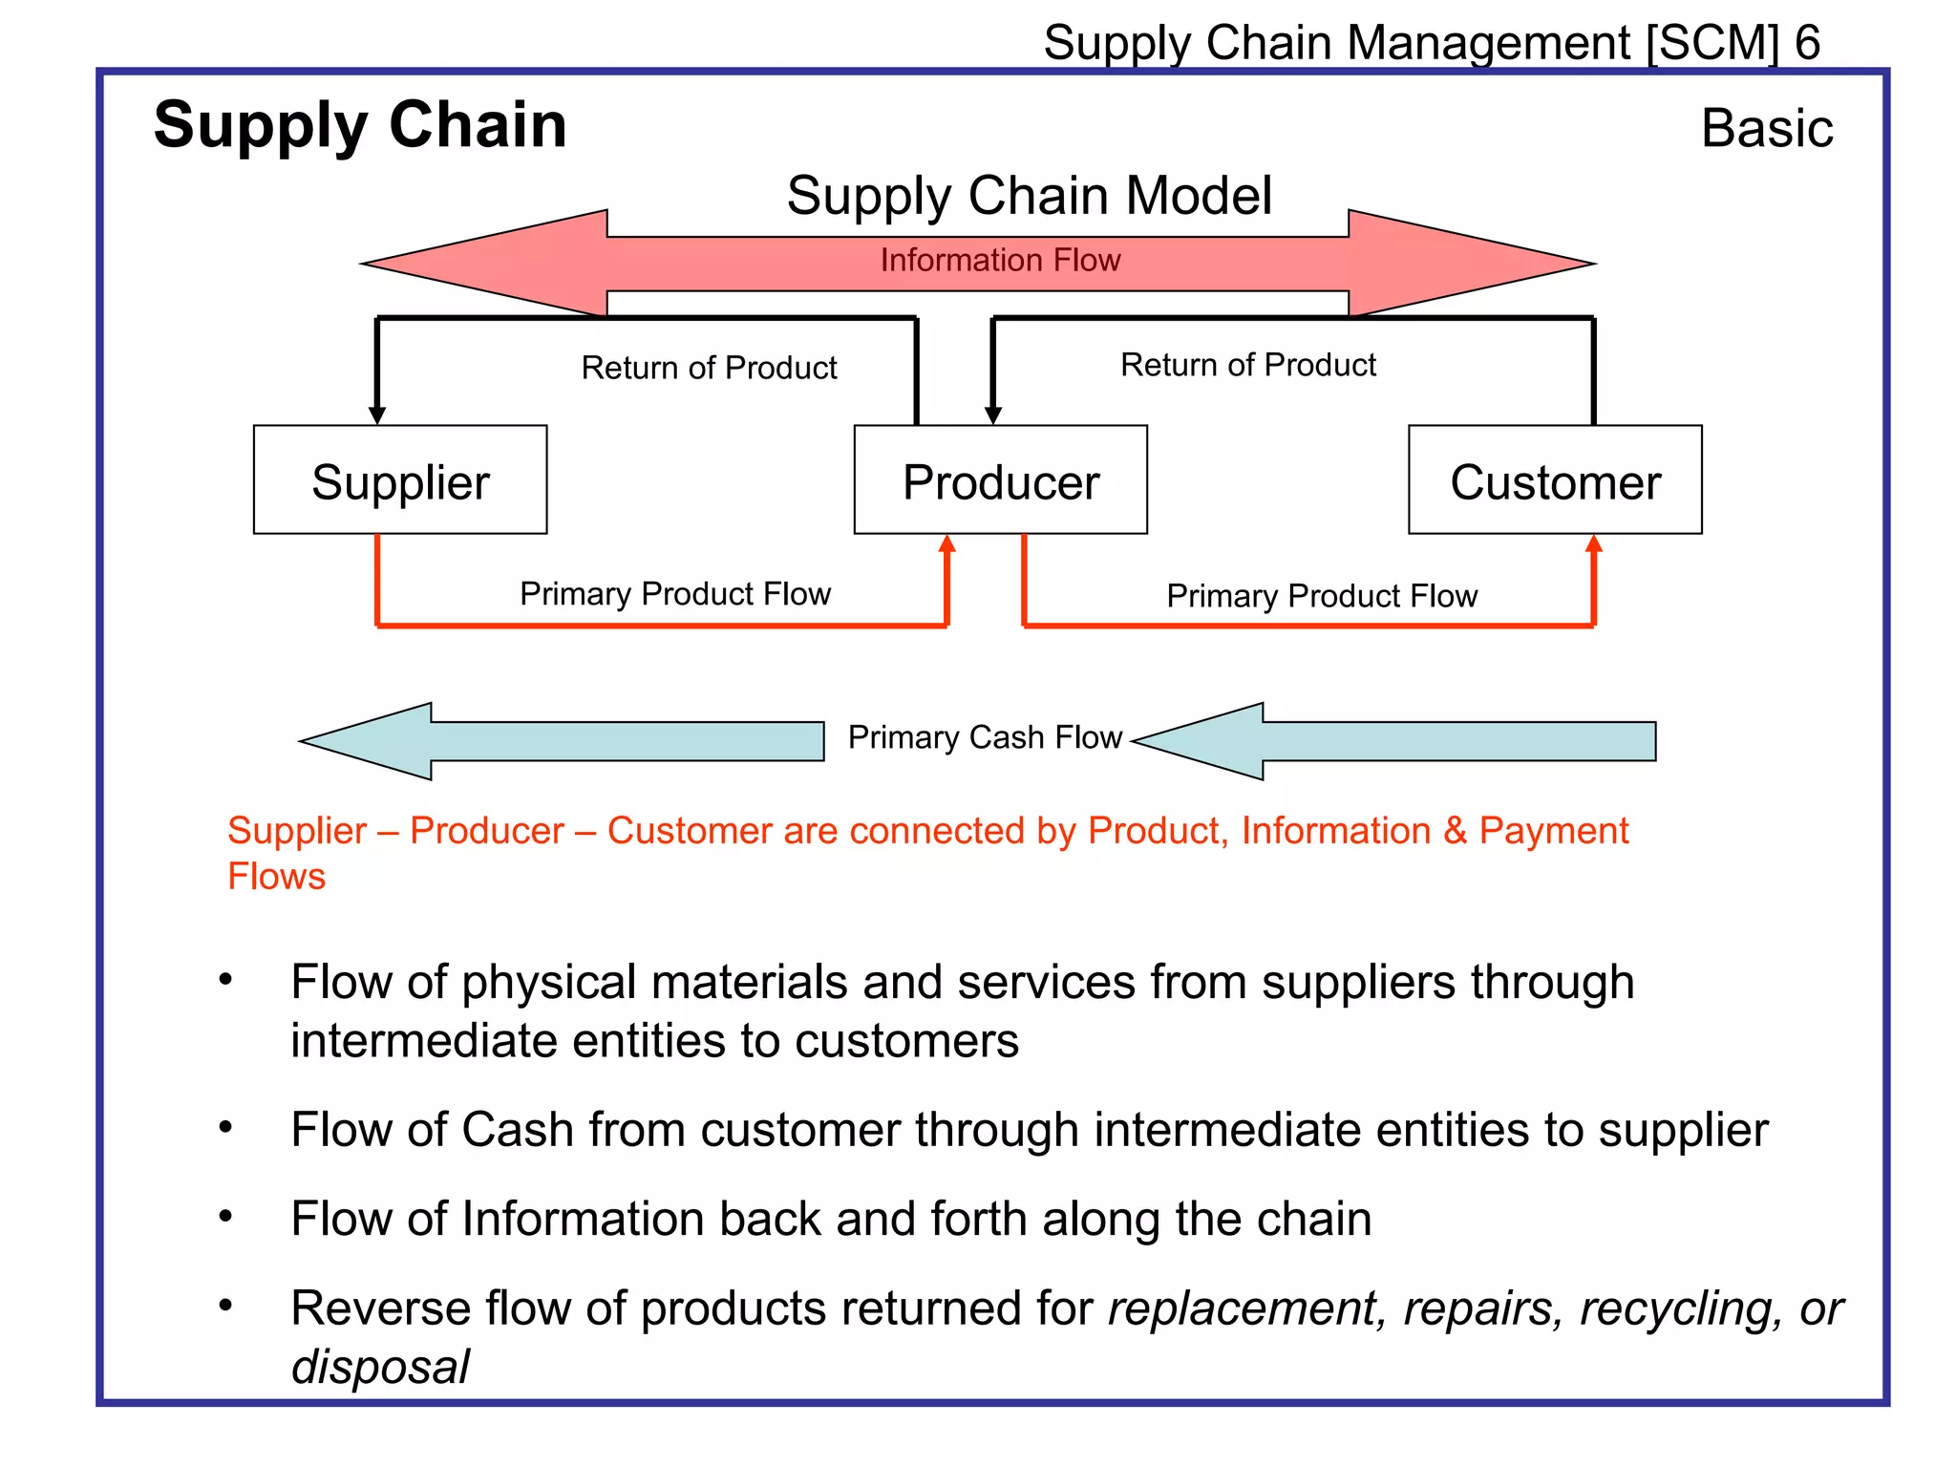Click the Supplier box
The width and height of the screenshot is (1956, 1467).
pos(400,480)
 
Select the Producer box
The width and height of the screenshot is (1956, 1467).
pos(1000,480)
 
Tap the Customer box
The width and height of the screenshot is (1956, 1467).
pos(1555,480)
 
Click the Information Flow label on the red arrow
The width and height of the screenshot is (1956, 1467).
pos(1000,260)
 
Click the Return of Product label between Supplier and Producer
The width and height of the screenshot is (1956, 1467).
pos(709,368)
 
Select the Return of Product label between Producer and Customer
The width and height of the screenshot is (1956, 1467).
pos(1247,365)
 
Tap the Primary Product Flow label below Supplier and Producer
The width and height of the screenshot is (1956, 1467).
pos(675,594)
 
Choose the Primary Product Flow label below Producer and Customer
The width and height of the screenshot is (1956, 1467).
pos(1322,596)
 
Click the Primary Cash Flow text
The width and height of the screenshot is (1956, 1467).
pos(985,737)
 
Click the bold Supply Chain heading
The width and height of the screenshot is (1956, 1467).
pos(360,125)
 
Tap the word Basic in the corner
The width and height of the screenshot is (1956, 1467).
pos(1767,128)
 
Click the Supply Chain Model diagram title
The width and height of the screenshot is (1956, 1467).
pos(1029,196)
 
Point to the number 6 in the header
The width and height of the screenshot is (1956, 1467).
pos(1807,43)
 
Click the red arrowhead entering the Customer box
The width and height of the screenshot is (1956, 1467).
pos(1593,544)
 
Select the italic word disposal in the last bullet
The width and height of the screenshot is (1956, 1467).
pos(380,1367)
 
